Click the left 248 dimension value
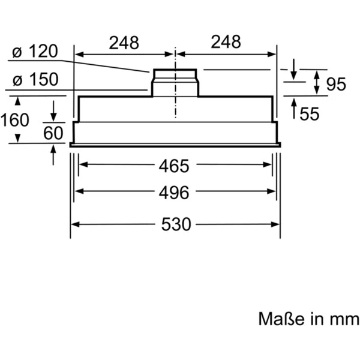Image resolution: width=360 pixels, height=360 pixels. point(124,43)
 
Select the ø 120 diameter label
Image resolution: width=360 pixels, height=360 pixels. point(35,52)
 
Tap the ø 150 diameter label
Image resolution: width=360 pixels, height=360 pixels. point(35,79)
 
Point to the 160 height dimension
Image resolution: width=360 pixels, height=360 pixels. point(14,120)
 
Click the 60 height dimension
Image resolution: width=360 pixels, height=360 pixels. point(53,133)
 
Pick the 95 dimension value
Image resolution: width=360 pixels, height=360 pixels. point(336,85)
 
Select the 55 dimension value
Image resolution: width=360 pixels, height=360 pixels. point(310,114)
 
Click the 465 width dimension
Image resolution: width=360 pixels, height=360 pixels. point(175,165)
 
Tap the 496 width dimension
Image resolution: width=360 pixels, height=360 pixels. point(175,193)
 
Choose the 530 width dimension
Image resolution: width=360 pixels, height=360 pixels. point(176,224)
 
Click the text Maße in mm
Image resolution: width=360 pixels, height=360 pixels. point(308,318)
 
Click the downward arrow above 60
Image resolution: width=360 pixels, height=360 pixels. point(53,115)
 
